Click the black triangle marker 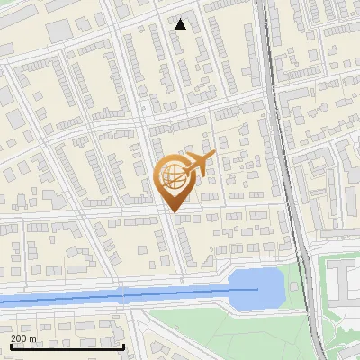coord(181,24)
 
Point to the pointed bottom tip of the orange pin coord(172,211)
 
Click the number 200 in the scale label coord(19,338)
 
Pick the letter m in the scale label coord(34,338)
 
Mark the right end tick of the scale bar coord(123,345)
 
